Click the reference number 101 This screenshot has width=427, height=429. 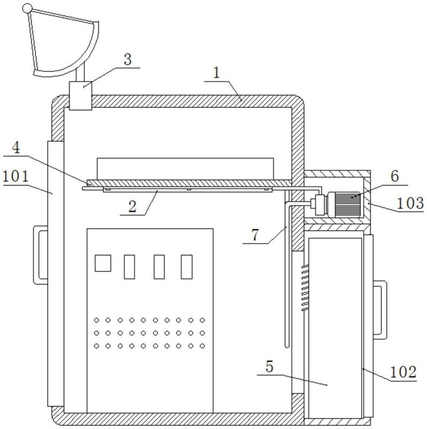tap(16, 176)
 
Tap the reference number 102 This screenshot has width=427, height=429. tap(403, 372)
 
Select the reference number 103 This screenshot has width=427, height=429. tap(410, 203)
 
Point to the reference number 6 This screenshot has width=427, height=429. tap(395, 176)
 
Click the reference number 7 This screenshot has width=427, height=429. tap(255, 235)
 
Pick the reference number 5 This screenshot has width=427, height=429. tap(269, 367)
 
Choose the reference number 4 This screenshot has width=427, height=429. tap(16, 148)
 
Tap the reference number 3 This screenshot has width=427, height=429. tap(128, 60)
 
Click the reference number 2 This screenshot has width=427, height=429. tap(132, 206)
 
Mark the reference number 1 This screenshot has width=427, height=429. tap(217, 73)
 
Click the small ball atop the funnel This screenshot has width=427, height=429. tap(27, 9)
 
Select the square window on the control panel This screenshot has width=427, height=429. tap(103, 263)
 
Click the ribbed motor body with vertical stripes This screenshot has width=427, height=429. tap(348, 205)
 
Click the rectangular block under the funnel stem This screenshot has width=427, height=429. tap(80, 96)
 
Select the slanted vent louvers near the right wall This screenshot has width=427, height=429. tap(305, 288)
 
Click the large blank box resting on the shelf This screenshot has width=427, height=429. tap(185, 169)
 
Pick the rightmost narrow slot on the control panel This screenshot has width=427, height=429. tap(187, 267)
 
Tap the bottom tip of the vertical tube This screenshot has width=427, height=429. tap(286, 347)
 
